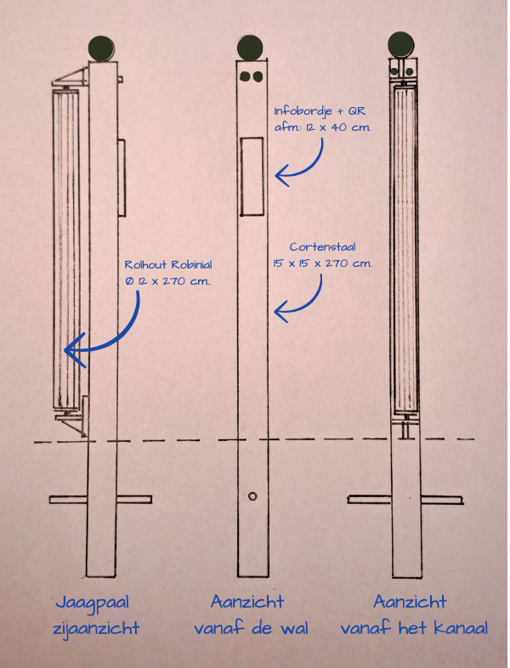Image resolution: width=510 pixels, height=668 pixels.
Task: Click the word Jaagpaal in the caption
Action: [x=93, y=603]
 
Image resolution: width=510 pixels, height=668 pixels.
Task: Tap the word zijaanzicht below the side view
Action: [x=96, y=629]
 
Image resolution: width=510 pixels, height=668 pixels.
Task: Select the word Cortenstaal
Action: [x=322, y=246]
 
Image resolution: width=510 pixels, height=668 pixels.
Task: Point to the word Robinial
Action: [x=191, y=264]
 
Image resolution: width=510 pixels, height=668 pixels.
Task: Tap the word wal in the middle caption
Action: [x=294, y=628]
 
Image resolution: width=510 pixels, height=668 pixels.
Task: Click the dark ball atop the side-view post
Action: [x=102, y=48]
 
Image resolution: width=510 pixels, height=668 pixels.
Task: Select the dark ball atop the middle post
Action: [x=250, y=48]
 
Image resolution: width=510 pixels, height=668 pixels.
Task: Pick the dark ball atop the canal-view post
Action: [x=401, y=44]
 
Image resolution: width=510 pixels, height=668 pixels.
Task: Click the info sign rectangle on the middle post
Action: [x=252, y=176]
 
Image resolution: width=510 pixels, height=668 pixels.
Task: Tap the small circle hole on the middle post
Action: [x=252, y=495]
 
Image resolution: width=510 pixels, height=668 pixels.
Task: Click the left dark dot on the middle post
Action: [x=245, y=76]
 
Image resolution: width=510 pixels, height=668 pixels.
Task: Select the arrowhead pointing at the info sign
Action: [x=283, y=176]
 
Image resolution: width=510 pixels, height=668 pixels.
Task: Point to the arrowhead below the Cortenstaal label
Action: [x=282, y=312]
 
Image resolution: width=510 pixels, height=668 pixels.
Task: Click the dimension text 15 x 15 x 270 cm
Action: [x=322, y=263]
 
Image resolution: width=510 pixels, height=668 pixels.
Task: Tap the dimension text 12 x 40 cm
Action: [x=337, y=127]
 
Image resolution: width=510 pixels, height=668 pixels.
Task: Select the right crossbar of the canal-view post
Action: [x=442, y=499]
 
